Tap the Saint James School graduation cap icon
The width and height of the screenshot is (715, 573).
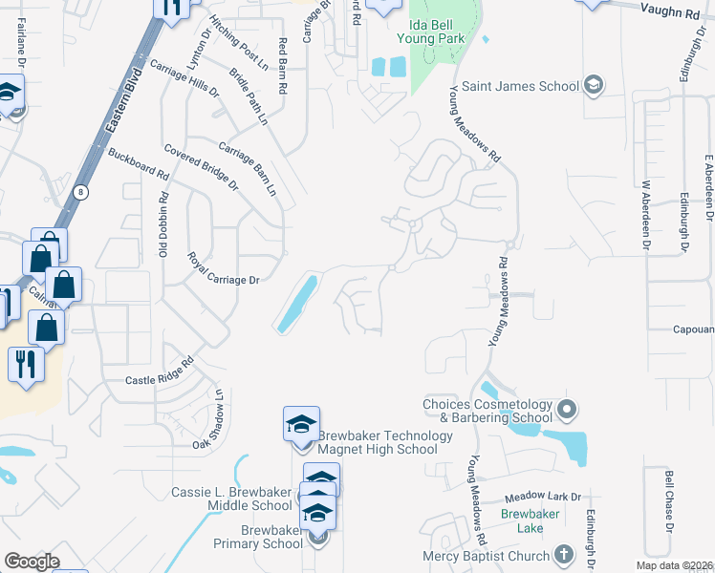coord(593,86)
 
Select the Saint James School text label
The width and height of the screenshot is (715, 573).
coord(521,87)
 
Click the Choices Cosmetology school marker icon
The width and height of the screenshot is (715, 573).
coord(567,411)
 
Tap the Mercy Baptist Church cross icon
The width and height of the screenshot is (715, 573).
coord(564,555)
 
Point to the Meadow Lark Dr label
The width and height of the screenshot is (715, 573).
coord(543,497)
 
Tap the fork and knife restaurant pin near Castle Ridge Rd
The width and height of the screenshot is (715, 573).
coord(26,365)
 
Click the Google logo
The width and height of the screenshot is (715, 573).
coord(32,562)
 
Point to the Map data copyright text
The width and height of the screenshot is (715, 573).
coord(675,565)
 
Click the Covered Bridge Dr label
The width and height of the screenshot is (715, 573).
coord(201,167)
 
